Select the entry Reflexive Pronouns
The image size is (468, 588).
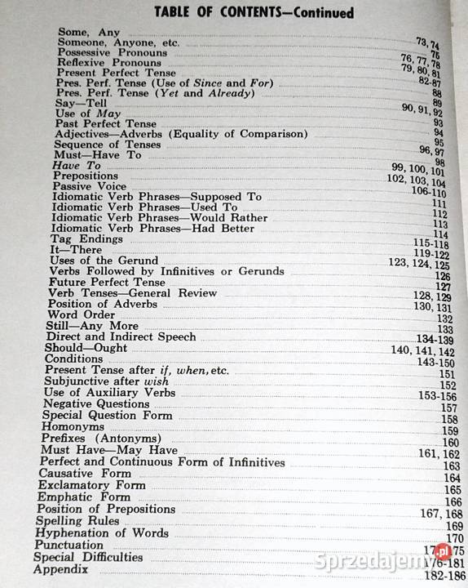103,63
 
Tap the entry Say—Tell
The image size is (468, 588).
80,104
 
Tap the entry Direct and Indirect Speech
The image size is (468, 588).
121,336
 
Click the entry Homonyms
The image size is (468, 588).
69,427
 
